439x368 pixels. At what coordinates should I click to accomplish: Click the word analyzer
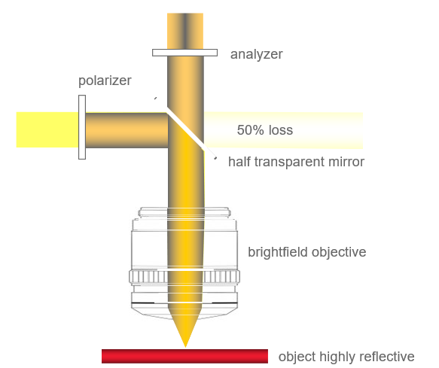256,54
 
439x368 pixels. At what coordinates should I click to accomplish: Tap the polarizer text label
105,81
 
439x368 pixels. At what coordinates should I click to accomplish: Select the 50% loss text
265,130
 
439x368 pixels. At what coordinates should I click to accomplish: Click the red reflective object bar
184,356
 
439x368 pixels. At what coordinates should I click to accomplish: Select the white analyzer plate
184,53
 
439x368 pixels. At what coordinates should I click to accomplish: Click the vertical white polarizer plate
82,127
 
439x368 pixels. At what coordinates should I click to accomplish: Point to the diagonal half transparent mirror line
185,128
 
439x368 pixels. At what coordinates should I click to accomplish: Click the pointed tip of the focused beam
185,347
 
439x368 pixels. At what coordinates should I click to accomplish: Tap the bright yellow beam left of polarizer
47,130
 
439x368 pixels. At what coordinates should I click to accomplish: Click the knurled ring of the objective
184,277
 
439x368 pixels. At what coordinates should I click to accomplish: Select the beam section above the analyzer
185,31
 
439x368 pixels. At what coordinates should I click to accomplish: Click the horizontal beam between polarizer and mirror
127,130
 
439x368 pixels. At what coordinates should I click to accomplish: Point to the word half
239,162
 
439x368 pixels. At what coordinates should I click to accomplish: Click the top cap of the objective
184,212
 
